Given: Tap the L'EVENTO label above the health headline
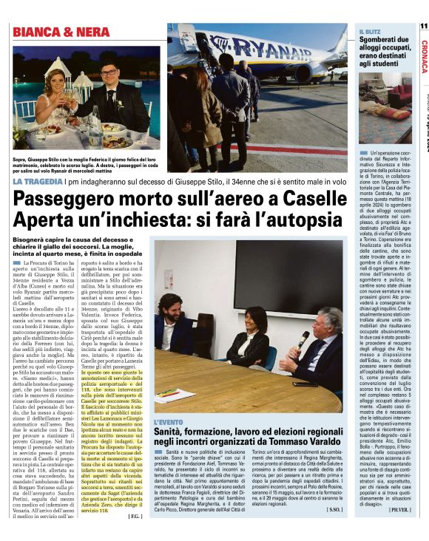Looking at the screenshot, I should pyautogui.click(x=169, y=423).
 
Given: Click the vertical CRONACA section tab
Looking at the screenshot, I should pyautogui.click(x=423, y=56).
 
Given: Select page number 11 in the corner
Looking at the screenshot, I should pyautogui.click(x=423, y=26).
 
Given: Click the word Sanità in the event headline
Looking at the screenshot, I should pyautogui.click(x=175, y=432).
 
